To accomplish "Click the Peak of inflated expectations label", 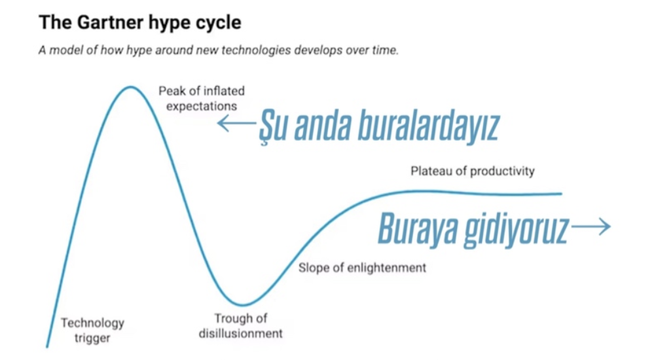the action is pos(202,98).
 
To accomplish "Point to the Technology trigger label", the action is pos(92,330).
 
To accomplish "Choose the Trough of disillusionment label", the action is pos(240,325).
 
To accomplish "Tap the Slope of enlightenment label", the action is pos(363,268).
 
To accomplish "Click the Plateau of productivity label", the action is pos(473,171).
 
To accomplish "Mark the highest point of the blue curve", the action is pos(131,87).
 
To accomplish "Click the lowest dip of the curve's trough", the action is pos(242,305).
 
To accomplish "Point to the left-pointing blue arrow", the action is pos(236,123).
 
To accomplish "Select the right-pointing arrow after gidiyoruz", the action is pos(591,226).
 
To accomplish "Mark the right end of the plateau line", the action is pos(562,194).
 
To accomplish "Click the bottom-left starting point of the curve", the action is pos(47,346).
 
